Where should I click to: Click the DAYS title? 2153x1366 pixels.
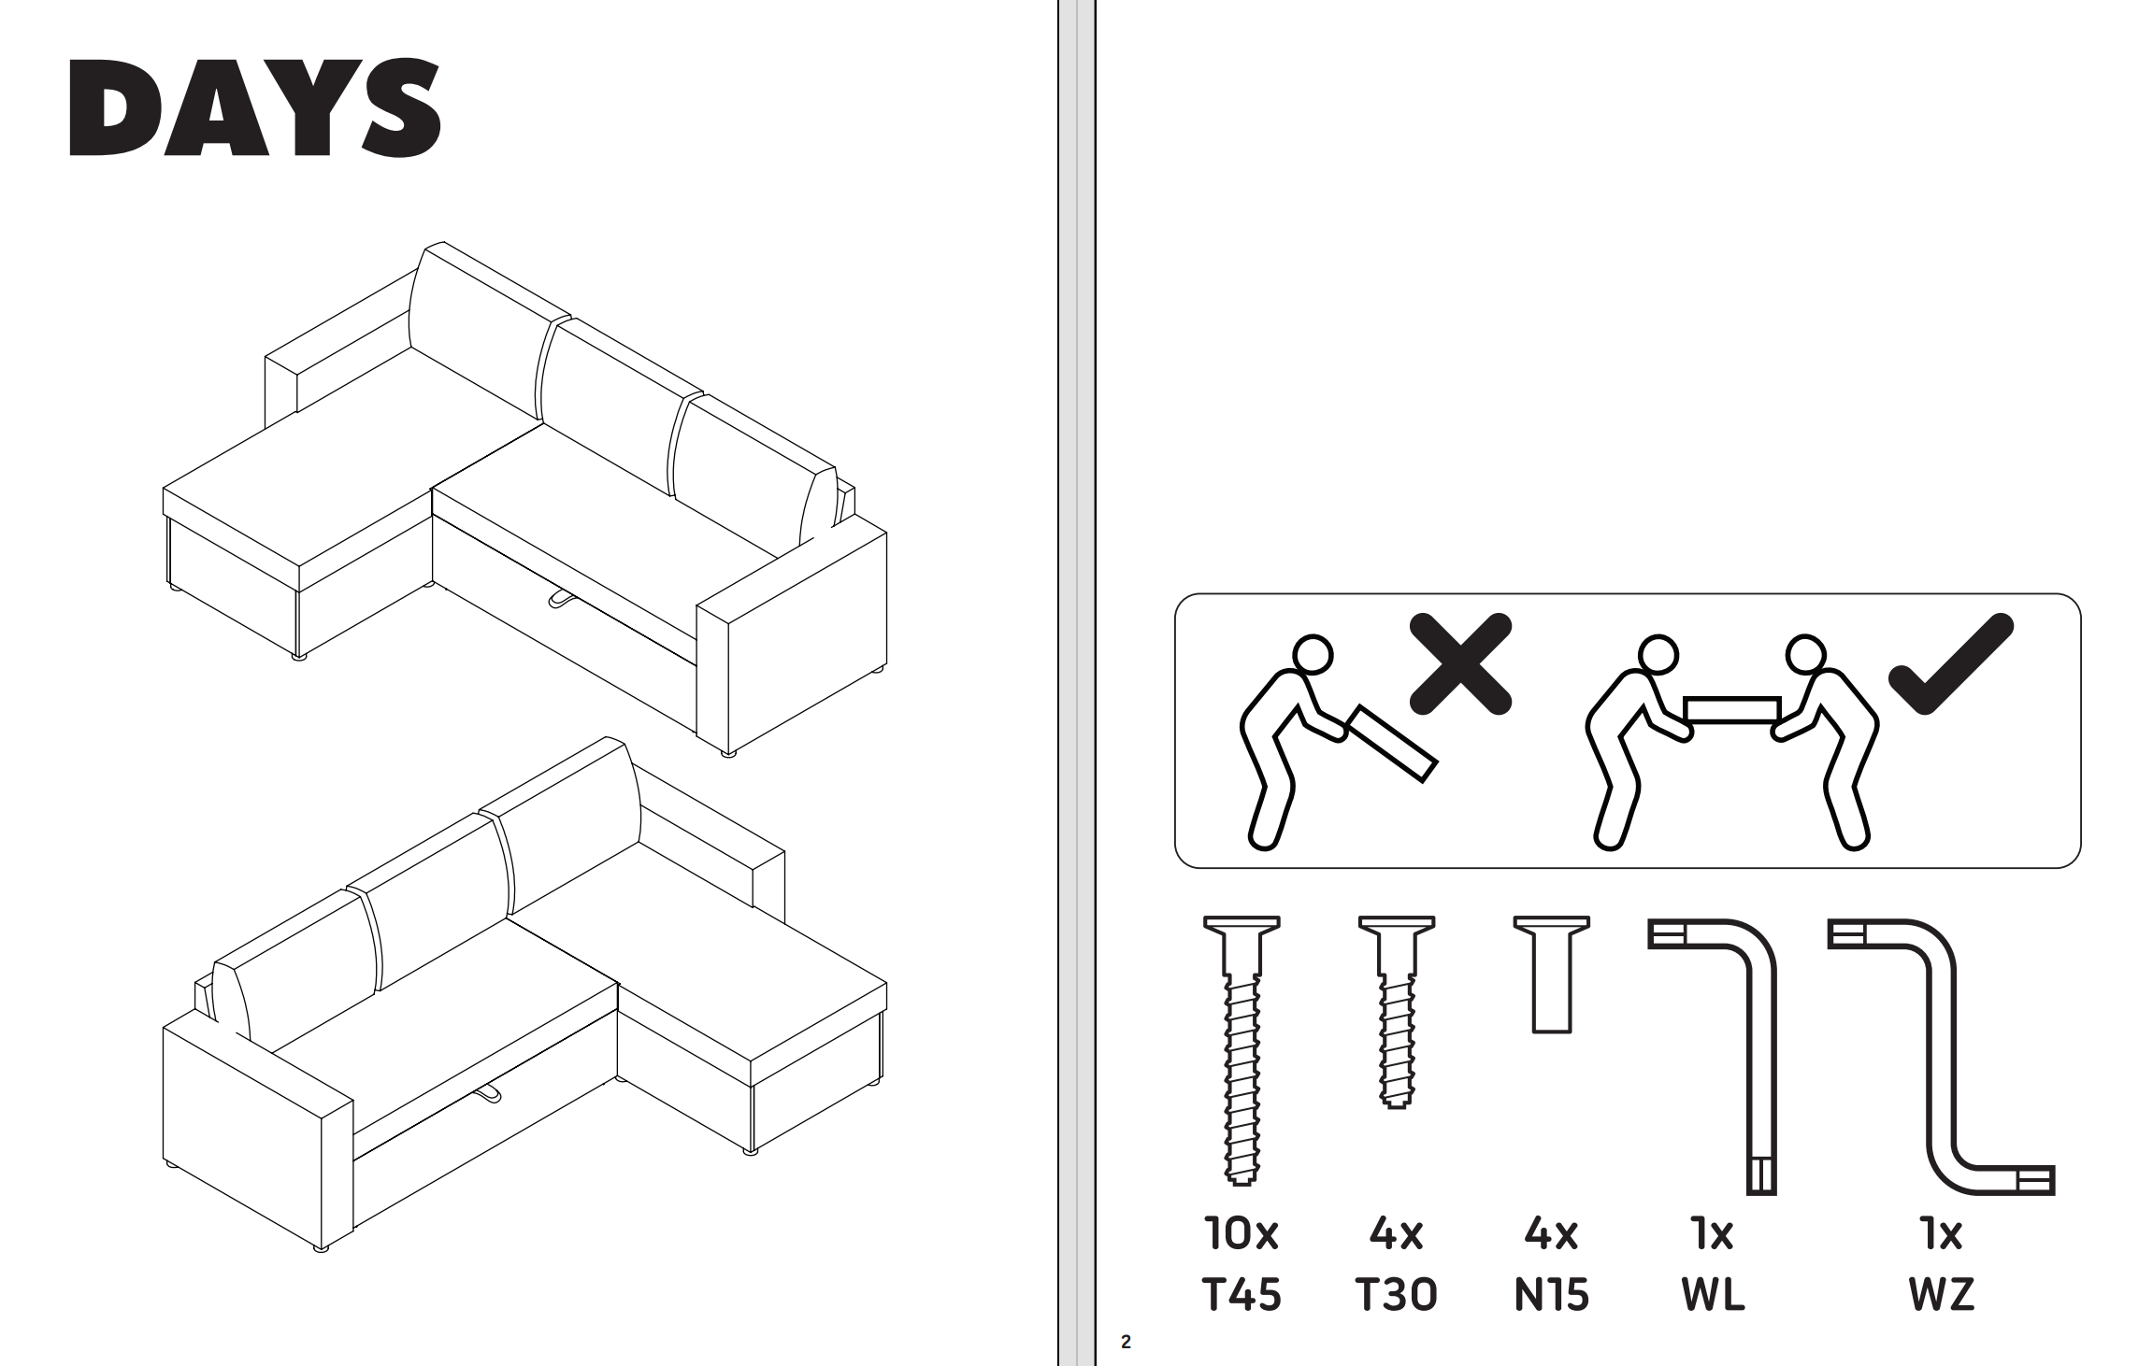click(255, 108)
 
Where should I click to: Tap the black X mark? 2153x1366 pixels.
click(1460, 664)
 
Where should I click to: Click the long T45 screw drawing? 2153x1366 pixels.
click(1242, 1051)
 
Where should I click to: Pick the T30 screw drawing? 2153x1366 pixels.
click(1397, 1012)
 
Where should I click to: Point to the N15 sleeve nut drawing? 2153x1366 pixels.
click(1552, 975)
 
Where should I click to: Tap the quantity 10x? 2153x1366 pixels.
click(1242, 1234)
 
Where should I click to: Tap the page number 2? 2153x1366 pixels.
click(1126, 1343)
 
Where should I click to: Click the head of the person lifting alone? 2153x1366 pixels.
click(1313, 655)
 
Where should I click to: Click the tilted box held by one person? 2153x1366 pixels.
click(1392, 744)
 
